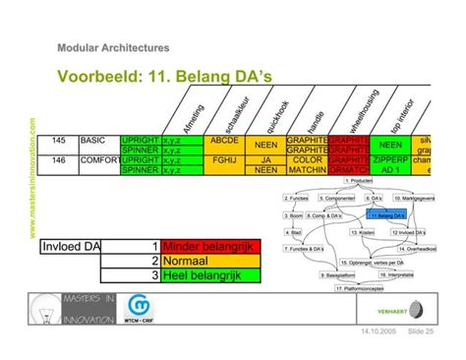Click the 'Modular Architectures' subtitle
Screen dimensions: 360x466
click(x=113, y=47)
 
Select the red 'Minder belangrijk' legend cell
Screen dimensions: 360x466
click(x=209, y=246)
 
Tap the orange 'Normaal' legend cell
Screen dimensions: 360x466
click(x=209, y=261)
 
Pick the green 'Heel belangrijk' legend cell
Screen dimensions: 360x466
click(x=209, y=275)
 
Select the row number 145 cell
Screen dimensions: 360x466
click(x=58, y=141)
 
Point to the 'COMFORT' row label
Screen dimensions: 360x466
click(x=97, y=159)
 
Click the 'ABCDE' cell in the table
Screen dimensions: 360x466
click(x=225, y=141)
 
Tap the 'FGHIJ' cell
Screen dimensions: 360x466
click(x=225, y=159)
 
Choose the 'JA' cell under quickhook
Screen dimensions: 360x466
click(x=265, y=159)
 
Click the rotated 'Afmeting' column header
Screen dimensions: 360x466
click(x=194, y=114)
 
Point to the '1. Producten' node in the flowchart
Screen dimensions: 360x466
click(x=359, y=180)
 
